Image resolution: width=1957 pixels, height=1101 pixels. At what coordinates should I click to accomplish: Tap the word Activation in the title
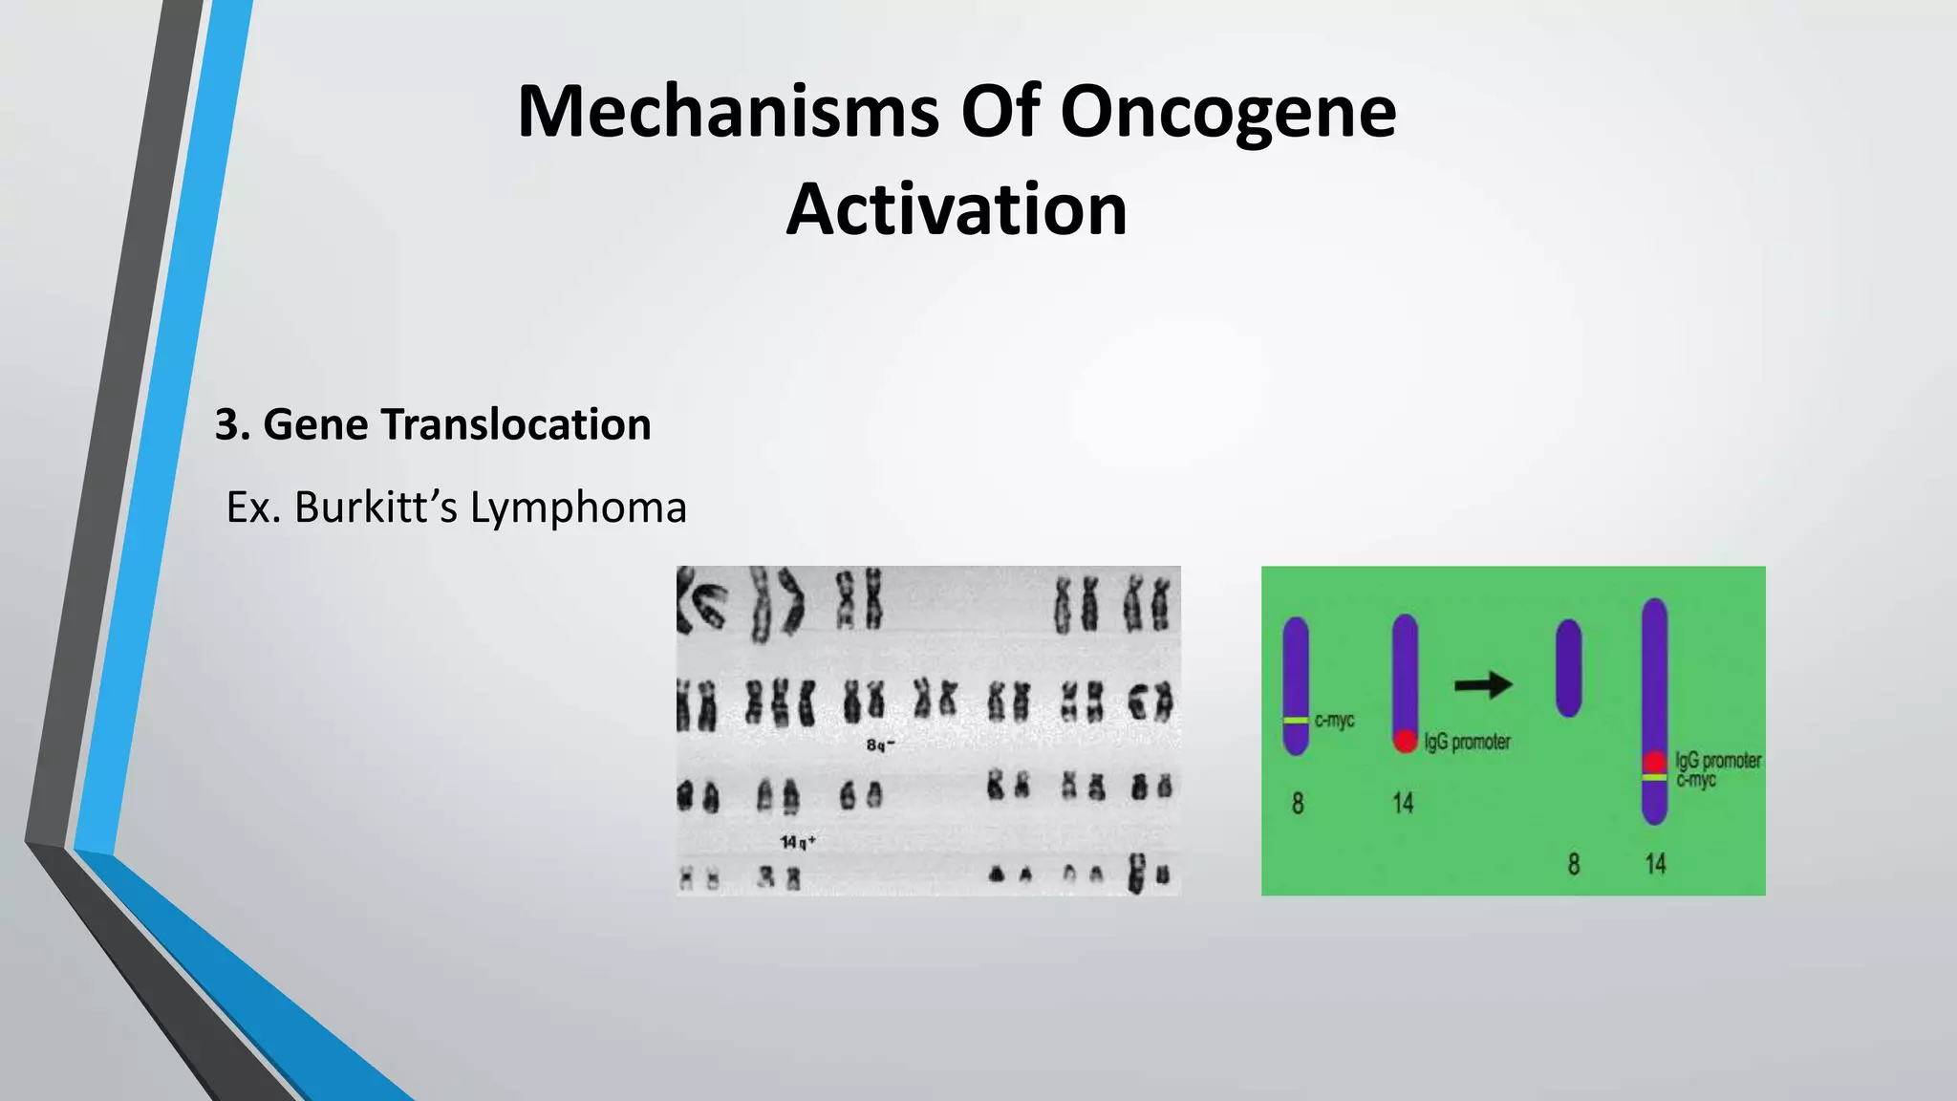pyautogui.click(x=957, y=210)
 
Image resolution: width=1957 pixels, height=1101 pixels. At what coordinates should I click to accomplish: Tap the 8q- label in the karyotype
pyautogui.click(x=880, y=745)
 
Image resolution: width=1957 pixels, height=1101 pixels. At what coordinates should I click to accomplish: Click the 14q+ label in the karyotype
pyautogui.click(x=798, y=842)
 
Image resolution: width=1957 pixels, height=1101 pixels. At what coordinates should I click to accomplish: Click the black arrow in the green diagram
pyautogui.click(x=1483, y=684)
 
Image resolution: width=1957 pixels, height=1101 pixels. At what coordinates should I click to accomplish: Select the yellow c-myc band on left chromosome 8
pyautogui.click(x=1296, y=721)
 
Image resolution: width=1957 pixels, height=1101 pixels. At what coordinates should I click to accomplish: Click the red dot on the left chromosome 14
pyautogui.click(x=1405, y=740)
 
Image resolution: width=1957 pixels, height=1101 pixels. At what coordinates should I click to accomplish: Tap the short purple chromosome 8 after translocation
pyautogui.click(x=1568, y=668)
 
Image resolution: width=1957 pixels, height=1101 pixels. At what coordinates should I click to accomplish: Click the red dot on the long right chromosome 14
pyautogui.click(x=1655, y=762)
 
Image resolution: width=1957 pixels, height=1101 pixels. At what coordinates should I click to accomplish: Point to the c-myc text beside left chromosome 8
pyautogui.click(x=1335, y=721)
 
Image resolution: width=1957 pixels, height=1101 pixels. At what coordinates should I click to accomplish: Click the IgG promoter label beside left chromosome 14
pyautogui.click(x=1467, y=742)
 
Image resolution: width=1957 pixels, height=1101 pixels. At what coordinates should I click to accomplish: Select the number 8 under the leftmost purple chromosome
pyautogui.click(x=1297, y=804)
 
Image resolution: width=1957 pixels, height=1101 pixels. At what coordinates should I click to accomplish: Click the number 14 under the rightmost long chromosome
pyautogui.click(x=1655, y=864)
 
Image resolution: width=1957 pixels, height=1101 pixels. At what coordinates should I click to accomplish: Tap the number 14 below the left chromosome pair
pyautogui.click(x=1402, y=804)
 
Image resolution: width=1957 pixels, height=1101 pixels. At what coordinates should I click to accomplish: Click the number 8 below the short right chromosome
pyautogui.click(x=1573, y=864)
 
